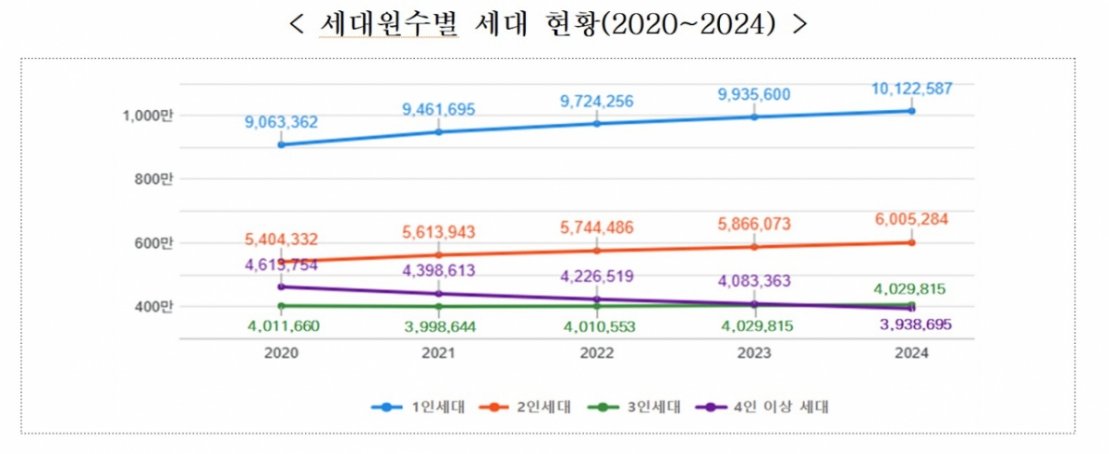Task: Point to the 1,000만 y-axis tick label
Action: point(147,116)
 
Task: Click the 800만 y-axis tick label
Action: point(153,179)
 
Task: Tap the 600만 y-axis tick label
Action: point(153,243)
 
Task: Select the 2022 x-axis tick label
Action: point(596,353)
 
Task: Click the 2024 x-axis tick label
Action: point(911,353)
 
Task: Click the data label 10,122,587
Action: point(911,89)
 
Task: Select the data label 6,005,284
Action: point(911,219)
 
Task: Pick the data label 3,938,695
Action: point(911,325)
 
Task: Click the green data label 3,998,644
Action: point(439,325)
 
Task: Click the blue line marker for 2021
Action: point(439,132)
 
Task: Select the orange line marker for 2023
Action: point(754,247)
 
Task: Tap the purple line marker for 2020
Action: point(282,287)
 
